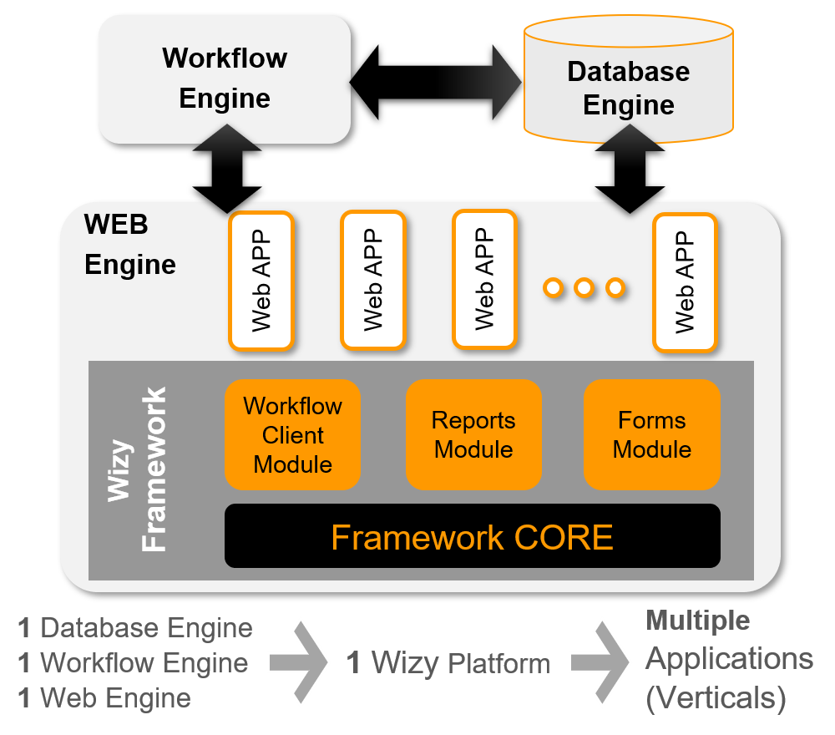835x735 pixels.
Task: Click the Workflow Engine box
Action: pyautogui.click(x=224, y=79)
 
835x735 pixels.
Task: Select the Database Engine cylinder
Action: pyautogui.click(x=628, y=88)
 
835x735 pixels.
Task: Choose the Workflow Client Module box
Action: pyautogui.click(x=292, y=434)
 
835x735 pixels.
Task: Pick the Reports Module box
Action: pyautogui.click(x=473, y=434)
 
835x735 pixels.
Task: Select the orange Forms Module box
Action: pyautogui.click(x=651, y=434)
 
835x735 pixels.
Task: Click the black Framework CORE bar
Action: pyautogui.click(x=472, y=536)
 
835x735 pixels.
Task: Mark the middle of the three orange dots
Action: pyautogui.click(x=584, y=288)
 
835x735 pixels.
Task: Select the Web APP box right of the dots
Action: pyautogui.click(x=685, y=282)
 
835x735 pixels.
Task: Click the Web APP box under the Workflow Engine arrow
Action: pyautogui.click(x=261, y=281)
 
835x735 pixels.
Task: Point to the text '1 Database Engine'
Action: pyautogui.click(x=135, y=628)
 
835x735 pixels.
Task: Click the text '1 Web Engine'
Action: pyautogui.click(x=104, y=697)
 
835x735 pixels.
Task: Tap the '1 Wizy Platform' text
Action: pyautogui.click(x=448, y=663)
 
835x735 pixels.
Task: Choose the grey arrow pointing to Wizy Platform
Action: pyautogui.click(x=300, y=662)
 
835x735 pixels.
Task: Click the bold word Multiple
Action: pyautogui.click(x=698, y=621)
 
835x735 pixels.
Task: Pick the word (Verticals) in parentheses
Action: pyautogui.click(x=716, y=697)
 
